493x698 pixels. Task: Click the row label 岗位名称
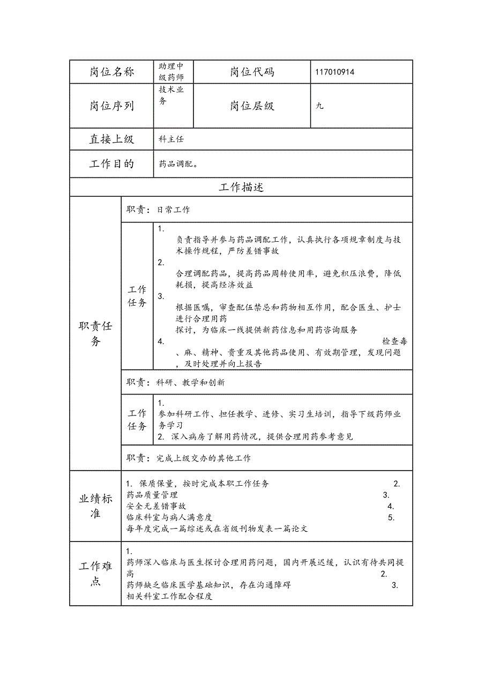point(111,72)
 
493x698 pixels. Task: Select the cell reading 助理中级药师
point(171,72)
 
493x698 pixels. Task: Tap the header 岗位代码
point(252,72)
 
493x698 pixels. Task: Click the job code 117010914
point(335,72)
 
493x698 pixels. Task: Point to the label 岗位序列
point(111,106)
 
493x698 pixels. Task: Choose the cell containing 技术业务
point(171,95)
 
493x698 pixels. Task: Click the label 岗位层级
point(252,106)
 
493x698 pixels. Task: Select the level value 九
point(319,106)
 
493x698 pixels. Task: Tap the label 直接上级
point(111,139)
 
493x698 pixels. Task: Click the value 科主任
point(171,139)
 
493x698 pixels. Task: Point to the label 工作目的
point(111,164)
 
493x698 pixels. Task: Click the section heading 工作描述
point(241,187)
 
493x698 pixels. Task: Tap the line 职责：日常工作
point(158,210)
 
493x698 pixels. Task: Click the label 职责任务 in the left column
point(95,333)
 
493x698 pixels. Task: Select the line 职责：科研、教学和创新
point(176,382)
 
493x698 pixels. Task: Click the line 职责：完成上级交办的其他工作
point(189,458)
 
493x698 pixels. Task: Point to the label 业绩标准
point(95,506)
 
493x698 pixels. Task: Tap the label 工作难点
point(95,574)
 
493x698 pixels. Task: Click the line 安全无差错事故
point(156,506)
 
